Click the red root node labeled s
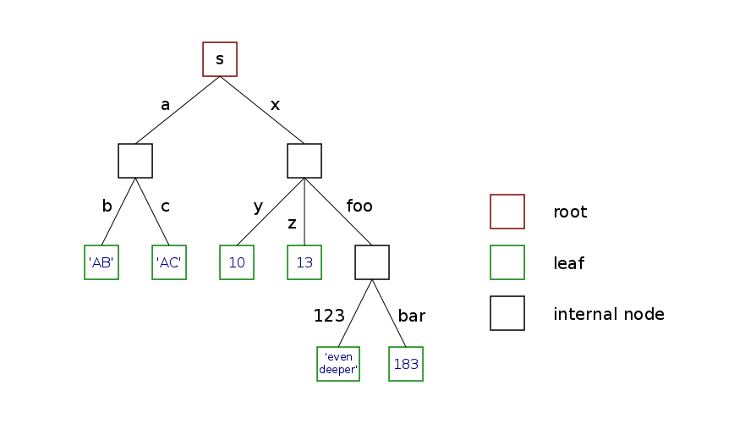coord(220,59)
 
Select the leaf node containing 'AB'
coord(101,262)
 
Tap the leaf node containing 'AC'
coord(169,262)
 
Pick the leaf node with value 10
coord(237,262)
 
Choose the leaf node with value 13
coord(304,262)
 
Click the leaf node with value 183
coord(406,364)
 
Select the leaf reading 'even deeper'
coord(338,364)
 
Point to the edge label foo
coord(359,206)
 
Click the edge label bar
coord(411,317)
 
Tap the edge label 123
coord(329,317)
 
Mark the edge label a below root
coord(166,105)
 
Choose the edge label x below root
coord(275,105)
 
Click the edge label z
coord(292,223)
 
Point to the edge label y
coord(259,206)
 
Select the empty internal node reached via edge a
coord(135,161)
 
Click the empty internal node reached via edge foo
coord(372,262)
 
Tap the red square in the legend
coord(507,212)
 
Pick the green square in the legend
coord(507,262)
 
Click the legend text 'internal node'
coord(609,314)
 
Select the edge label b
coord(107,206)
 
